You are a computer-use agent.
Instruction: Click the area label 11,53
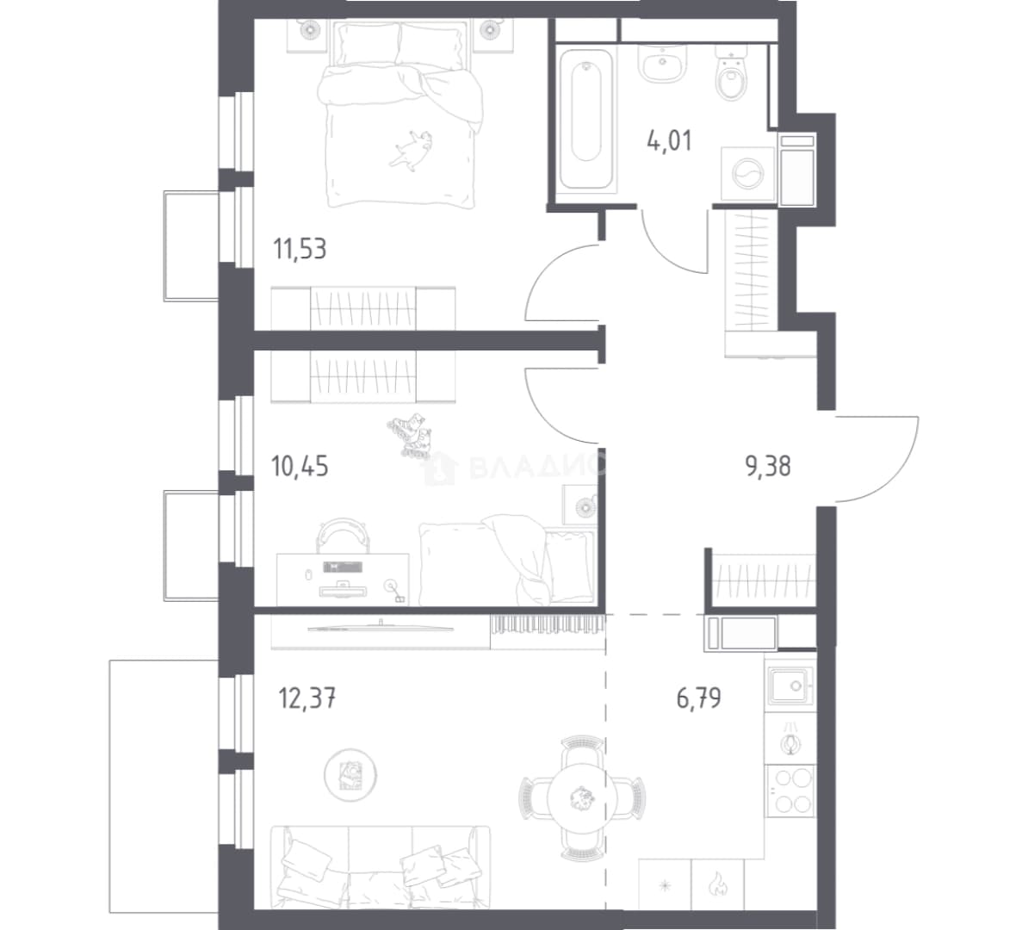[300, 250]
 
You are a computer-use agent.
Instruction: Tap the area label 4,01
[669, 141]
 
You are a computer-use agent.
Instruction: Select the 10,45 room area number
[300, 467]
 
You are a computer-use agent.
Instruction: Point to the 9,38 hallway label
[768, 467]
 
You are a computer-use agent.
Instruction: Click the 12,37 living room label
[307, 698]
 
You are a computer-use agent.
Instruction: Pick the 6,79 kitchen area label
[699, 697]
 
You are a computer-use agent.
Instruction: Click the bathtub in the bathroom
[586, 120]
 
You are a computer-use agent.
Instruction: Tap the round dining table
[580, 798]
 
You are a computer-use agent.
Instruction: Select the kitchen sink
[791, 685]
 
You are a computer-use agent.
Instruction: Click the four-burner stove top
[790, 790]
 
